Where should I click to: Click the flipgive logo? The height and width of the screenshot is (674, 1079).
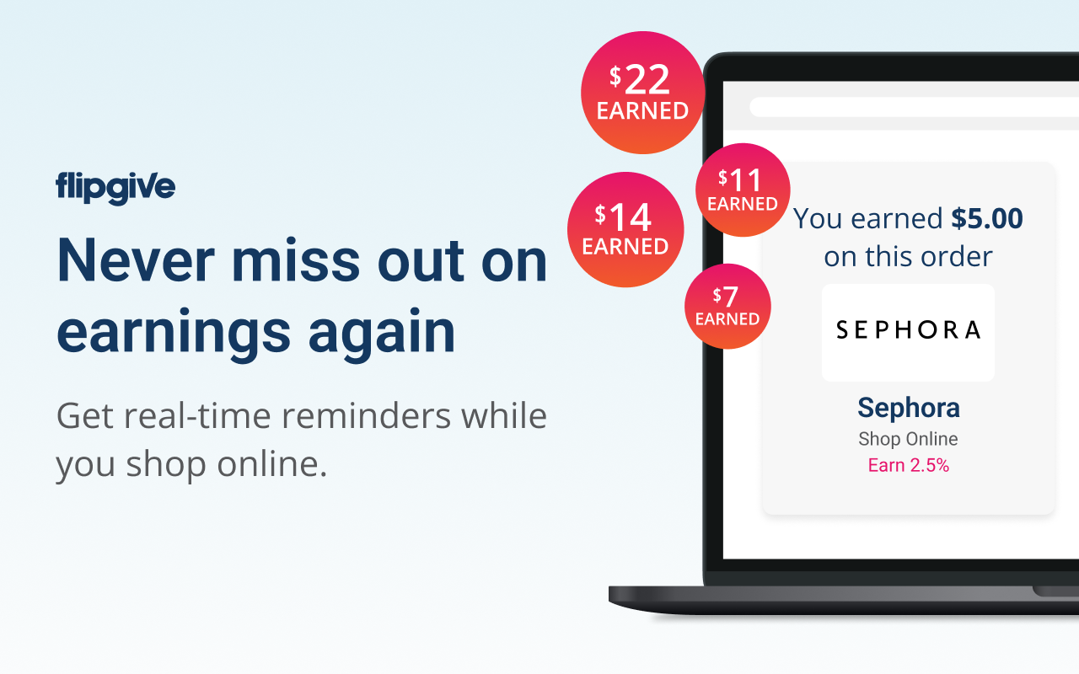click(x=115, y=188)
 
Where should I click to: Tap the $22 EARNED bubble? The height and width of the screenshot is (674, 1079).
click(x=642, y=93)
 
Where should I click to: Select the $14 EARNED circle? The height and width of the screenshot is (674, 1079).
click(x=625, y=230)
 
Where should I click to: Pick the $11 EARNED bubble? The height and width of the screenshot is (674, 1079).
click(x=743, y=190)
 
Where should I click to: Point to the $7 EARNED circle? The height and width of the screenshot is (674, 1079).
click(x=727, y=306)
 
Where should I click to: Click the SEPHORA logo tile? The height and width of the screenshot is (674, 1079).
click(x=908, y=333)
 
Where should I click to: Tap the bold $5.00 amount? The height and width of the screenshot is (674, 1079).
click(x=986, y=218)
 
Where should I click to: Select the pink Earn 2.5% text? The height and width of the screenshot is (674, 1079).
click(x=909, y=465)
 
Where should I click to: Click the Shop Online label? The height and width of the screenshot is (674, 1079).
click(x=908, y=439)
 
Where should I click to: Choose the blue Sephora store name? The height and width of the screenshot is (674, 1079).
click(x=909, y=408)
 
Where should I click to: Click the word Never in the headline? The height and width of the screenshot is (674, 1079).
click(x=136, y=260)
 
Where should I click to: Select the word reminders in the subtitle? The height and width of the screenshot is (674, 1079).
click(x=366, y=415)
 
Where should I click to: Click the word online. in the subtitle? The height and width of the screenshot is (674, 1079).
click(x=272, y=463)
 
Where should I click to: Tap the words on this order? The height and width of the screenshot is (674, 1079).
click(x=908, y=257)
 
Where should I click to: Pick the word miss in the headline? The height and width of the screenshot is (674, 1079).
click(x=296, y=260)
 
